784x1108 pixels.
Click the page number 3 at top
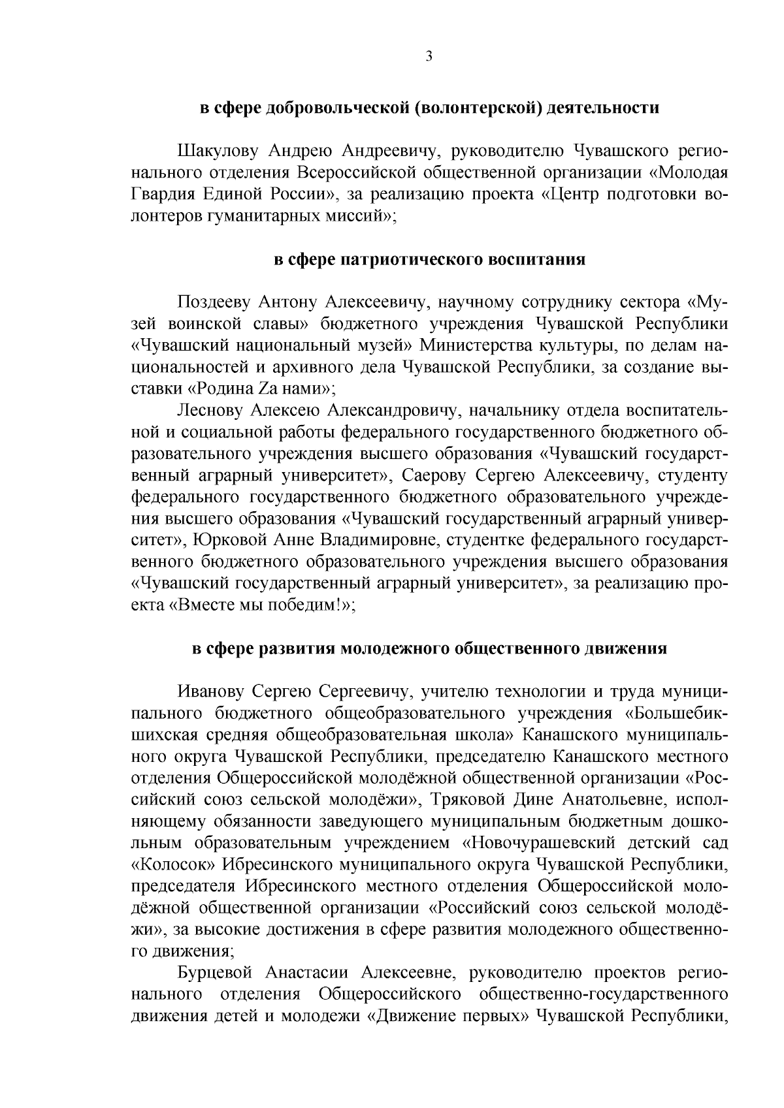(429, 57)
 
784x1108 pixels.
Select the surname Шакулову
(219, 151)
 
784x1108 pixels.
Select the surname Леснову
(210, 411)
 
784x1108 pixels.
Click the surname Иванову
(211, 691)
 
